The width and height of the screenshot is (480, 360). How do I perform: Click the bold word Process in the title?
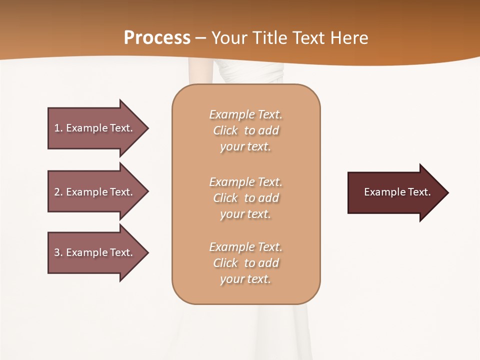157,38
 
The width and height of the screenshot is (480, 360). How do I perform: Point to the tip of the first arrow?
147,128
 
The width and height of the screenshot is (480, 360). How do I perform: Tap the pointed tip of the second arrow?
147,192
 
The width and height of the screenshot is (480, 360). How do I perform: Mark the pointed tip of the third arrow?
147,252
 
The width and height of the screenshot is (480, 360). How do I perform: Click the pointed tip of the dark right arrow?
447,192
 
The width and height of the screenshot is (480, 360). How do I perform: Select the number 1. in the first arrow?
58,128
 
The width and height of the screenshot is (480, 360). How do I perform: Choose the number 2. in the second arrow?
58,192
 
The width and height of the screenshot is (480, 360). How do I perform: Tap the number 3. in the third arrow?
58,252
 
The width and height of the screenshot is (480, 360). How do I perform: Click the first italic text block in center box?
245,130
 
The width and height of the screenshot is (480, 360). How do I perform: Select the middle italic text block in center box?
245,198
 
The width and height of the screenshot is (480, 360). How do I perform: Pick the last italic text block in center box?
245,263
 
